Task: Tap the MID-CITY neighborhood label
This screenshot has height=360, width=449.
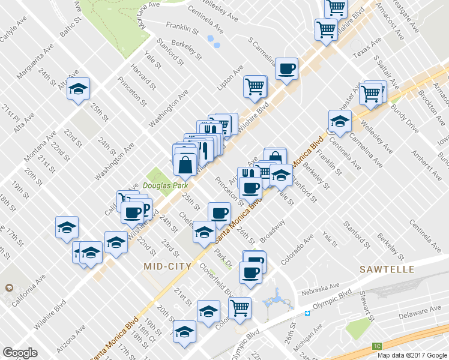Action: pyautogui.click(x=168, y=266)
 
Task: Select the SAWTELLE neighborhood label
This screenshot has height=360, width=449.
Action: pyautogui.click(x=387, y=269)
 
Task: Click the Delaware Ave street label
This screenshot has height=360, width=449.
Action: pyautogui.click(x=420, y=312)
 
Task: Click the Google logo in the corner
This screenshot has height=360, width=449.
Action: pyautogui.click(x=20, y=353)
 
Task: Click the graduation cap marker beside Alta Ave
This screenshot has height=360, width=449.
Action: pyautogui.click(x=78, y=90)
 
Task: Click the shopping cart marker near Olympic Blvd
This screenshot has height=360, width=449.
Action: pyautogui.click(x=240, y=308)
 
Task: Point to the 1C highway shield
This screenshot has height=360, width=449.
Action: pyautogui.click(x=377, y=346)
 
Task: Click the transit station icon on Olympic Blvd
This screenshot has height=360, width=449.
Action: pyautogui.click(x=307, y=313)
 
